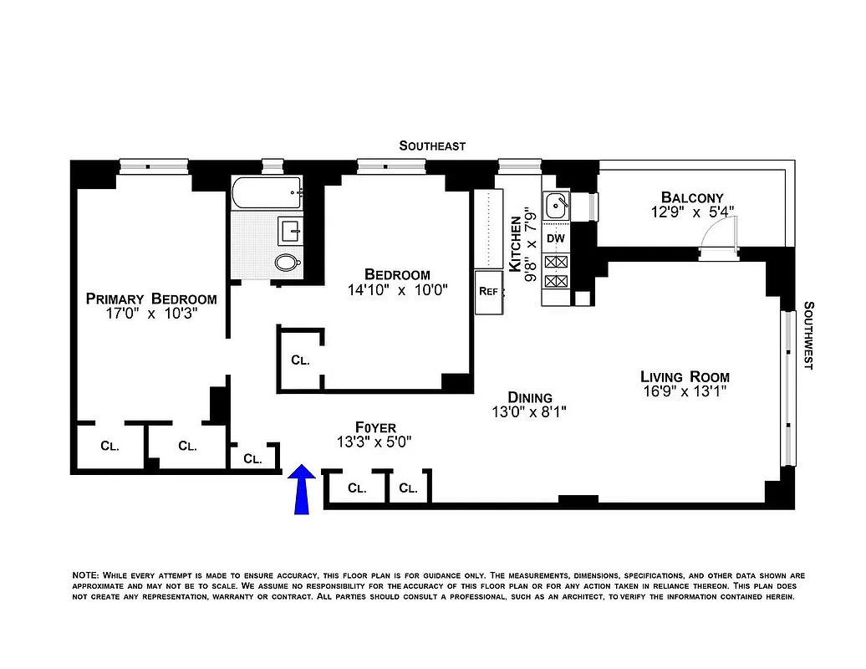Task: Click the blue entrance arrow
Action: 302,488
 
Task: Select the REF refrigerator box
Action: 489,292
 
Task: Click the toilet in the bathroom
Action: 288,262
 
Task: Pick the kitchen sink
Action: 556,204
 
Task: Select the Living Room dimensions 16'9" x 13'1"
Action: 685,392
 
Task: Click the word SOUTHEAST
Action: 431,146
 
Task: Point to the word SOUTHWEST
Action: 808,336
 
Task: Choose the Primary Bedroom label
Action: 151,299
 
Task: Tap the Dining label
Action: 530,397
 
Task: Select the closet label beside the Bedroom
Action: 300,360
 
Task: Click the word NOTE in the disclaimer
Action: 85,575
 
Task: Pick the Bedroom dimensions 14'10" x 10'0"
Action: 398,290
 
